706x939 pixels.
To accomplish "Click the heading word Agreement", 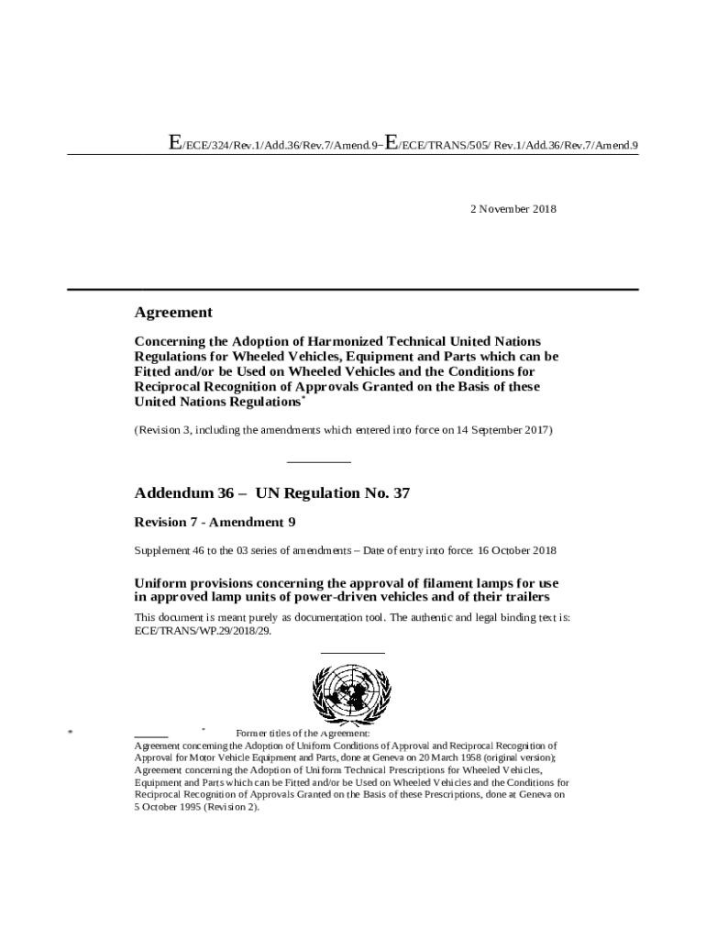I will [173, 313].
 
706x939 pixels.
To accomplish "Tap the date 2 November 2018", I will [513, 209].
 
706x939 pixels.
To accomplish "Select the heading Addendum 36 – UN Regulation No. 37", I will [271, 493].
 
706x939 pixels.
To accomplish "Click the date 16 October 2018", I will [517, 550].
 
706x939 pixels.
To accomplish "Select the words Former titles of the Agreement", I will [302, 734].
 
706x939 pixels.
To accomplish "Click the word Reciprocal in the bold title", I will [172, 387].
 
